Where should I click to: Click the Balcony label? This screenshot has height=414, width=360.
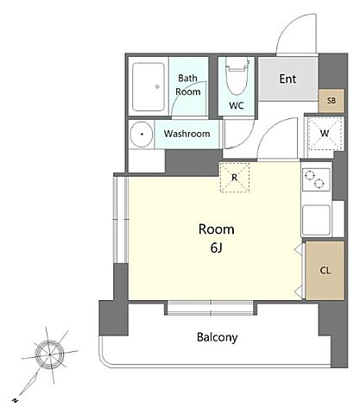point(218,337)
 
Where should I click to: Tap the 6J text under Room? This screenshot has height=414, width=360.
point(217,248)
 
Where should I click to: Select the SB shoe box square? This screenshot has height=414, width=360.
point(332,101)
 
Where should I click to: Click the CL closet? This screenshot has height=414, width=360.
point(325,270)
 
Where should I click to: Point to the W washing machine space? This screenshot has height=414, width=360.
point(325,133)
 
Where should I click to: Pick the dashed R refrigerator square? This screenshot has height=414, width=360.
point(235,178)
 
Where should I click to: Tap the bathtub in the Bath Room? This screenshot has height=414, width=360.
point(148,87)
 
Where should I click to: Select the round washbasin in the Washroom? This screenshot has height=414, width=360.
point(141,135)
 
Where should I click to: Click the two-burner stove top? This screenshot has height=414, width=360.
point(316,179)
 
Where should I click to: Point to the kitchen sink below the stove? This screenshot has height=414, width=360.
point(316,220)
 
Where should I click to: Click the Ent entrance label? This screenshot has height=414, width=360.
point(287,78)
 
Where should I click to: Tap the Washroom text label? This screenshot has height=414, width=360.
point(186,134)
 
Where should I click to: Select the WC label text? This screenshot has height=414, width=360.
point(237,105)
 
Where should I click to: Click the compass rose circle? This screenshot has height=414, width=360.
point(50,354)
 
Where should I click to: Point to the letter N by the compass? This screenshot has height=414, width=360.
point(15,400)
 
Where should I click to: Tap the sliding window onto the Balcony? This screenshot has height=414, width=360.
point(211,308)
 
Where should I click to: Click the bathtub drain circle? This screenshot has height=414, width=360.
point(157,86)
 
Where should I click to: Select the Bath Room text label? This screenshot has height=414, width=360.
point(188,85)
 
